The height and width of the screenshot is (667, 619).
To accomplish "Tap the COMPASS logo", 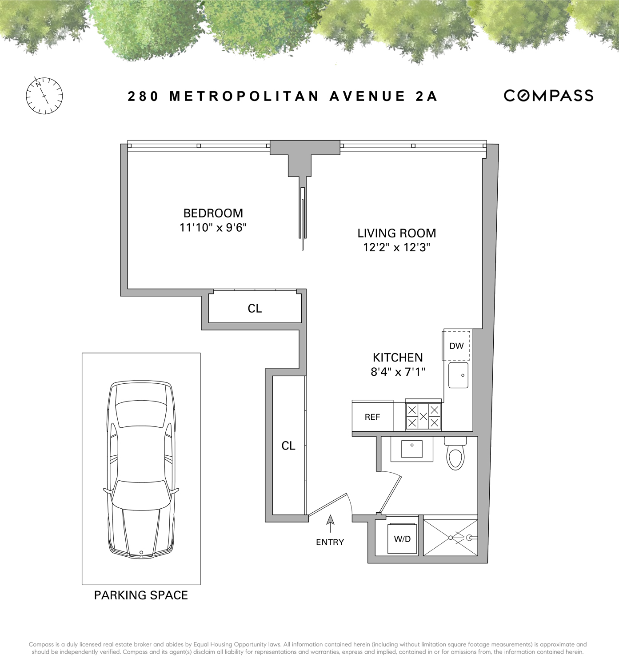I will coord(548,96).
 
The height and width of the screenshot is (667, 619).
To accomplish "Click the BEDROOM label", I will coord(213,213).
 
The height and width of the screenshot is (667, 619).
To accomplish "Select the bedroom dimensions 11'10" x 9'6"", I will coord(213,228).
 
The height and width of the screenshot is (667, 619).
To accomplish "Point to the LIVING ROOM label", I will coord(397,233).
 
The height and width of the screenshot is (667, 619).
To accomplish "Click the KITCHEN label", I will coord(398,358).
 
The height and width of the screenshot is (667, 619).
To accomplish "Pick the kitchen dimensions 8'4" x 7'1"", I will coord(398,372).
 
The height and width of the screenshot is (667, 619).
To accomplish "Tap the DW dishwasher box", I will coord(456,346).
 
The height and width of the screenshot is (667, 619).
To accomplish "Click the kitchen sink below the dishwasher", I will coord(458,375).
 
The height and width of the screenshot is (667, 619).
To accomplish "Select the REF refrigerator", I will coord(372,417).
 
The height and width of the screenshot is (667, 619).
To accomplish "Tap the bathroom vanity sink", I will coord(412,449).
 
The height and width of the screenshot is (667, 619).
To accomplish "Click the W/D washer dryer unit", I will coord(402,538).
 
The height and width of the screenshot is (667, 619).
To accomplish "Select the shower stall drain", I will coord(451,538).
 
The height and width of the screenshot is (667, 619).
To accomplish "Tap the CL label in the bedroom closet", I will coord(255,309).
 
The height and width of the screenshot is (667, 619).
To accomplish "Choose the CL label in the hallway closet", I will coord(288,446).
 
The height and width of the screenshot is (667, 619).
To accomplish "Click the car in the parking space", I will coord(141,469).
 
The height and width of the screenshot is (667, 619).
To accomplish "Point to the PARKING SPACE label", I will coord(141,595).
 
